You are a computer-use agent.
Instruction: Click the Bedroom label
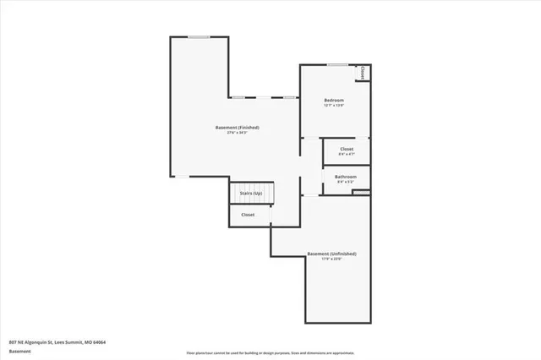(x=334, y=100)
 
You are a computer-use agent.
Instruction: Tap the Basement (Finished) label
(x=237, y=128)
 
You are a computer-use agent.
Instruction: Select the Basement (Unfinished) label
(x=331, y=254)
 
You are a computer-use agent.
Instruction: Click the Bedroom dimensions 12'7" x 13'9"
(x=334, y=106)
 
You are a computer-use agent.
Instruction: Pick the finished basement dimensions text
(x=237, y=133)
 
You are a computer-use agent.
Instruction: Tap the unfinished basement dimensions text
(x=331, y=259)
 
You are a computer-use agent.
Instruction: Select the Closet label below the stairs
(x=248, y=215)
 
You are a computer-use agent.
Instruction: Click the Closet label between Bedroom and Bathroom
(x=346, y=149)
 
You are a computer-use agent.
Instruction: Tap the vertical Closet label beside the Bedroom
(x=362, y=74)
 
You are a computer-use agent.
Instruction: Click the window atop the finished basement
(x=199, y=36)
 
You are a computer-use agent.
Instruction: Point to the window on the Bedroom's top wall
(x=337, y=65)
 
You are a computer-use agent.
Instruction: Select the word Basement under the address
(x=20, y=352)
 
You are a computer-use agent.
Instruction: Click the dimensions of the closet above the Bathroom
(x=346, y=154)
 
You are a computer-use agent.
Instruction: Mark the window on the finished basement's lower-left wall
(x=181, y=176)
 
